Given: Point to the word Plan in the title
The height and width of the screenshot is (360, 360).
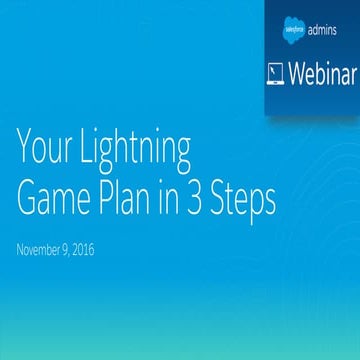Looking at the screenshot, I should (x=135, y=198).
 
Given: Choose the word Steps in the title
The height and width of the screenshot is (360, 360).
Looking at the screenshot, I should (x=253, y=200).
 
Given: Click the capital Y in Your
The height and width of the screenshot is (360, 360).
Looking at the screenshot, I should (x=24, y=151).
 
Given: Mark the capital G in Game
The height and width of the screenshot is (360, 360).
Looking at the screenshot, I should (x=28, y=198).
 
